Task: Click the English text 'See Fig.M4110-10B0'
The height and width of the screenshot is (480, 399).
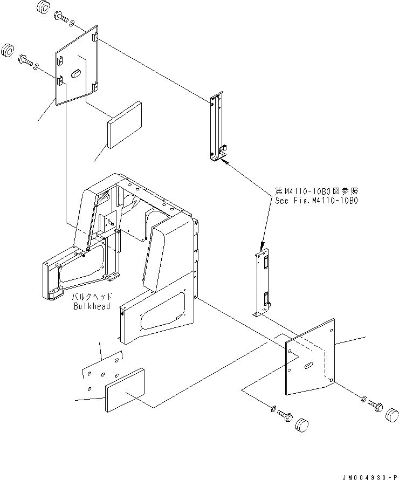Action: click(316, 200)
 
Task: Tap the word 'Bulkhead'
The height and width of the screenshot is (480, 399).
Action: click(92, 306)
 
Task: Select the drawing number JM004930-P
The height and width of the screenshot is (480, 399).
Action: click(368, 476)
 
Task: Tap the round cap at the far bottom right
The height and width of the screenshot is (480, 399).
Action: click(392, 416)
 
